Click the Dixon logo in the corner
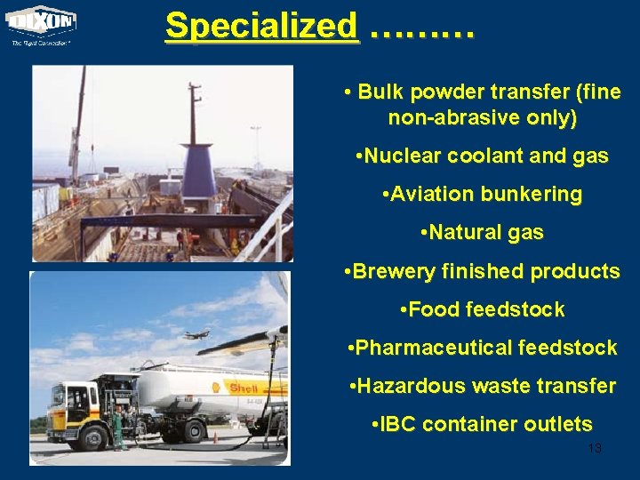pos(42,22)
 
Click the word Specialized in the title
pos(261,26)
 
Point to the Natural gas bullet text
pos(481,233)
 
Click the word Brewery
pos(392,271)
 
